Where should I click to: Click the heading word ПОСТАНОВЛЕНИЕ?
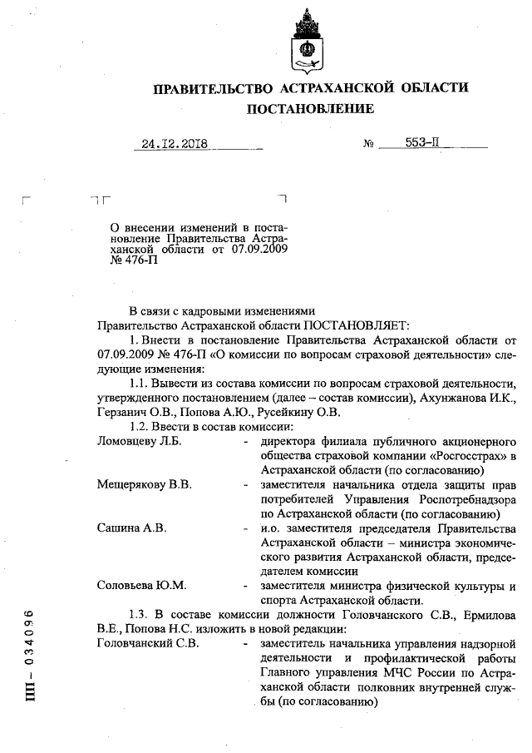(x=309, y=109)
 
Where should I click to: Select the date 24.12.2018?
(x=174, y=142)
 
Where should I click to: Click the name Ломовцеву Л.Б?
(x=139, y=441)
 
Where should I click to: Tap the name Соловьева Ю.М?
(x=141, y=586)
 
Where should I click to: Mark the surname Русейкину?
(x=280, y=413)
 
